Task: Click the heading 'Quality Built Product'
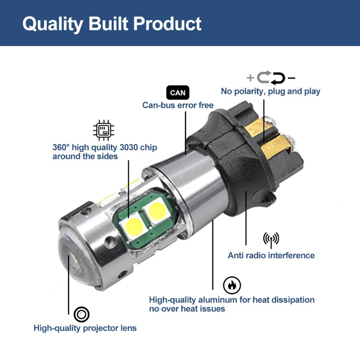(x=112, y=23)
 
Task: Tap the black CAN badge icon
(x=178, y=93)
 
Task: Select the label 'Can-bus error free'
(x=178, y=105)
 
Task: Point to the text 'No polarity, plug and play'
(x=270, y=91)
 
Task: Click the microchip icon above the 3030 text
(x=104, y=130)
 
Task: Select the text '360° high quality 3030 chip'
(x=105, y=148)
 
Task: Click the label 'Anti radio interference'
(x=271, y=256)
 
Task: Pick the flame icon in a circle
(x=232, y=285)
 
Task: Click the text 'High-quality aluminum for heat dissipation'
(x=232, y=300)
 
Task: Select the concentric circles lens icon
(x=81, y=314)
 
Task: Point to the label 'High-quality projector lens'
(x=85, y=328)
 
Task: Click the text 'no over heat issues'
(x=187, y=309)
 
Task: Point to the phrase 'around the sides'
(x=85, y=157)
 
